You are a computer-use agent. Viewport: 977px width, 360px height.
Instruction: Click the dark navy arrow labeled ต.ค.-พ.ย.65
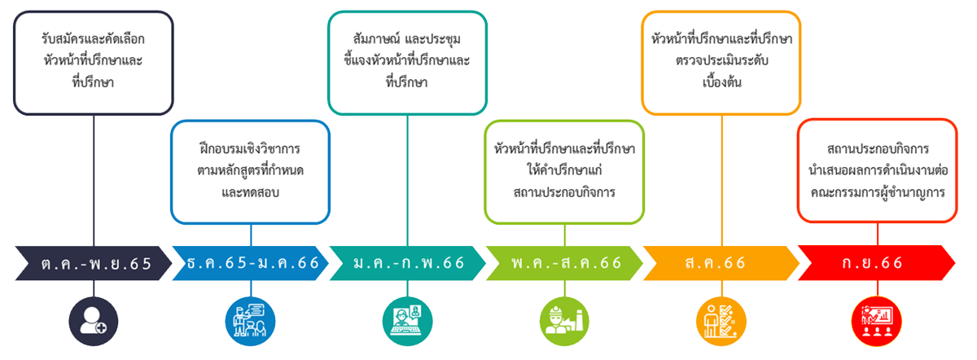(x=94, y=263)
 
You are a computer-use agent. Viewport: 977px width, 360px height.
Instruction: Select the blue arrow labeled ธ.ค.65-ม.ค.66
(x=251, y=263)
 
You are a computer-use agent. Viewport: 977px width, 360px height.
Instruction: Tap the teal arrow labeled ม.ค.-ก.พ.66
(x=409, y=263)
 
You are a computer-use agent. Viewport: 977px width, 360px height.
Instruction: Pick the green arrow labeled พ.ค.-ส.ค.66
(x=566, y=263)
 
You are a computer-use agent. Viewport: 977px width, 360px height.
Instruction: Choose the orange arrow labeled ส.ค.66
(x=721, y=263)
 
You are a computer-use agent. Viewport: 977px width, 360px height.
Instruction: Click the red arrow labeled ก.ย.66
(x=876, y=263)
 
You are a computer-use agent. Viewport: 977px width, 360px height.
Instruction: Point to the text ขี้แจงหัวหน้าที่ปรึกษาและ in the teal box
(x=408, y=60)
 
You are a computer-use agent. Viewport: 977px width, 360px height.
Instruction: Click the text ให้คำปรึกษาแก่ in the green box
(x=564, y=171)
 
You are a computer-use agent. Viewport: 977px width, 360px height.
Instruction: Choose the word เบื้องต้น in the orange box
(x=722, y=82)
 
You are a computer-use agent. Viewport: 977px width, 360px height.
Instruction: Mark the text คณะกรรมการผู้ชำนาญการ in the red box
(x=878, y=193)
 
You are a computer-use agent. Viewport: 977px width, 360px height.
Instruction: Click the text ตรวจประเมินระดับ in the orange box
(x=722, y=60)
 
